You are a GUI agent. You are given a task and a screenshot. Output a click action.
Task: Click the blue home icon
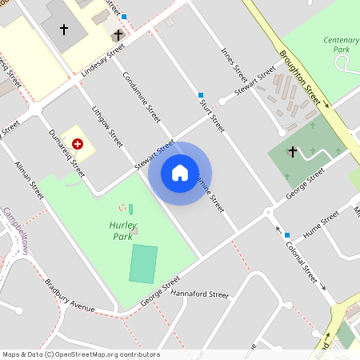180,173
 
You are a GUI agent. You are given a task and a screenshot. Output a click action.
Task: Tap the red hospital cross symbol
78,143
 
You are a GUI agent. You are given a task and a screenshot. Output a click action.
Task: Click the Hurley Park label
122,231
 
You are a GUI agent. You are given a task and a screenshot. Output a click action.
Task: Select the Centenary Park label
342,44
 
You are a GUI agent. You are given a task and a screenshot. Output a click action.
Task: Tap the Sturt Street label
211,114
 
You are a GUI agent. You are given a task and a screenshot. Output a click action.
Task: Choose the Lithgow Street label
107,125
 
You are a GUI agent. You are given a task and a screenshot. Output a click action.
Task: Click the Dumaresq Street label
66,153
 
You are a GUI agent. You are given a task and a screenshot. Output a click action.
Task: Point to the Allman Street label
29,180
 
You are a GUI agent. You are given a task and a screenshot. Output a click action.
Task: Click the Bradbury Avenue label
70,296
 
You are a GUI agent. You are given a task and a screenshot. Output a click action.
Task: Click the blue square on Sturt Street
201,94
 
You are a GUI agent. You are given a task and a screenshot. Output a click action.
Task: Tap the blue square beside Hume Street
287,234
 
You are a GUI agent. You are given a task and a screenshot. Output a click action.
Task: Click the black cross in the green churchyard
292,151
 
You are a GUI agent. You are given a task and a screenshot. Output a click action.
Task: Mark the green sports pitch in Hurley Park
144,264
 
